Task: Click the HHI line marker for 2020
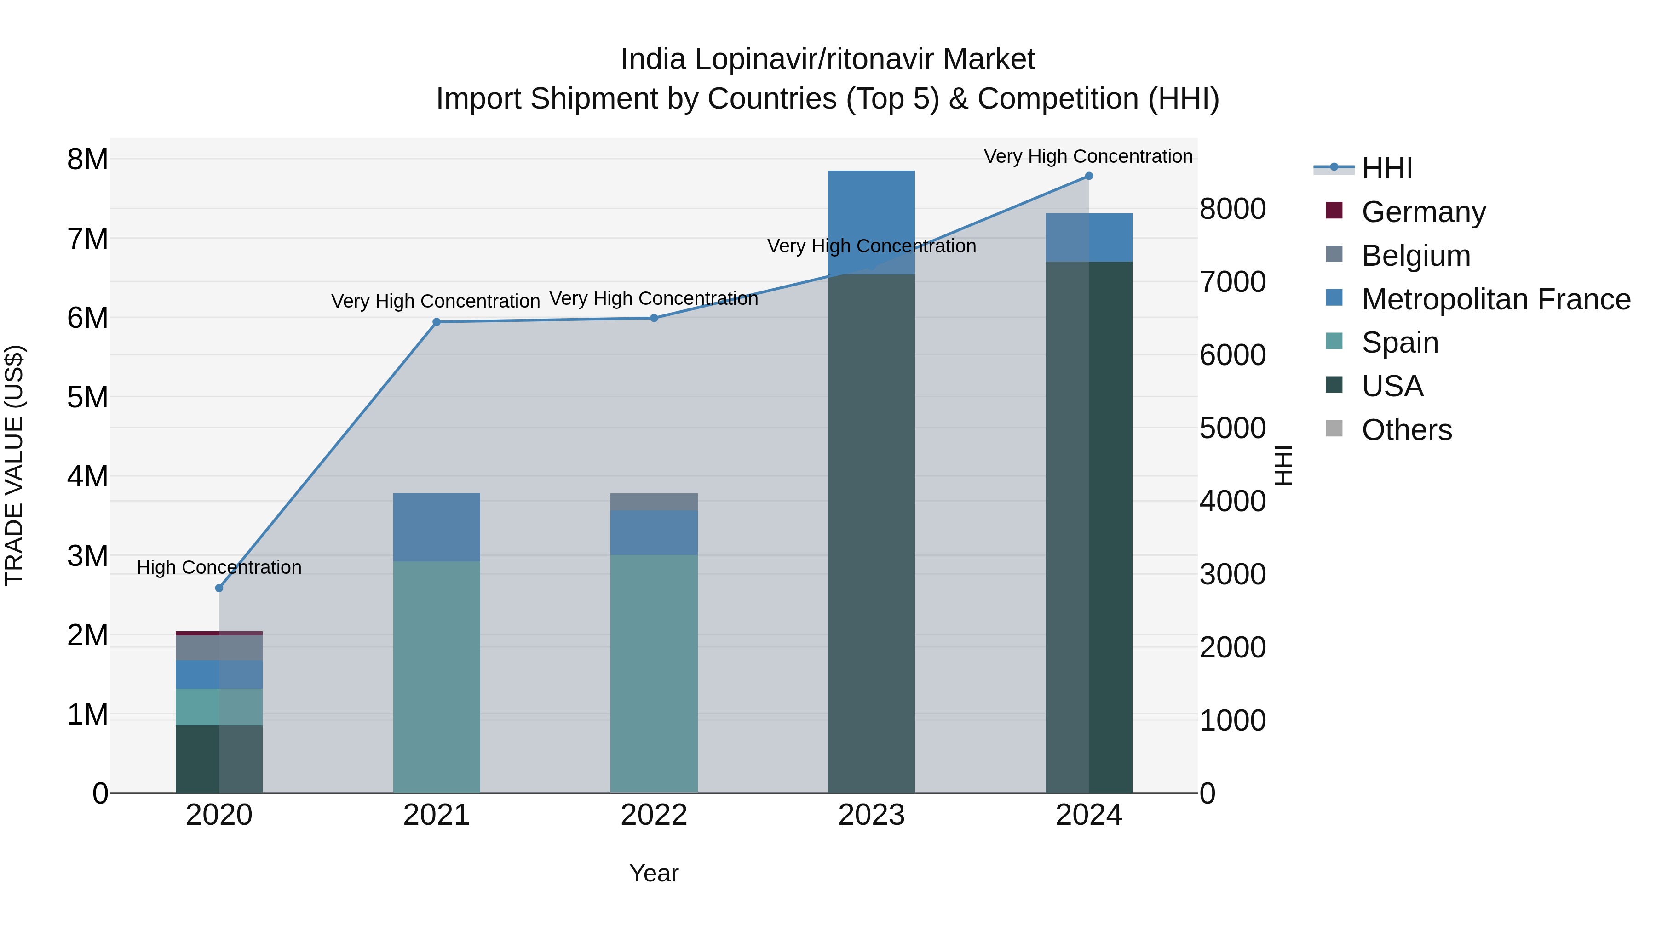pos(219,588)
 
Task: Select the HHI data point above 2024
pos(1088,176)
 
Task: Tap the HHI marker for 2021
pos(437,322)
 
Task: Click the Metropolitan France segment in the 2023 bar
pos(871,222)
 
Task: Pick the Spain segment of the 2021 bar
pos(437,674)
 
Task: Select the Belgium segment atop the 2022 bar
pos(654,502)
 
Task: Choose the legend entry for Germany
pos(1423,212)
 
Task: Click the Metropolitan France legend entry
pos(1495,299)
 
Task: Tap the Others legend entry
pos(1406,430)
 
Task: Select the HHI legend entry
pos(1386,168)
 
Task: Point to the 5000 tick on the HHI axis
pos(1232,428)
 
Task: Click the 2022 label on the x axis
pos(654,815)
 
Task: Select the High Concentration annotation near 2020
pos(219,567)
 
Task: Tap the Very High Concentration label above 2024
pos(1088,156)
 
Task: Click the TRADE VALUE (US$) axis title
pos(14,465)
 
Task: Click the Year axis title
pos(654,873)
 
